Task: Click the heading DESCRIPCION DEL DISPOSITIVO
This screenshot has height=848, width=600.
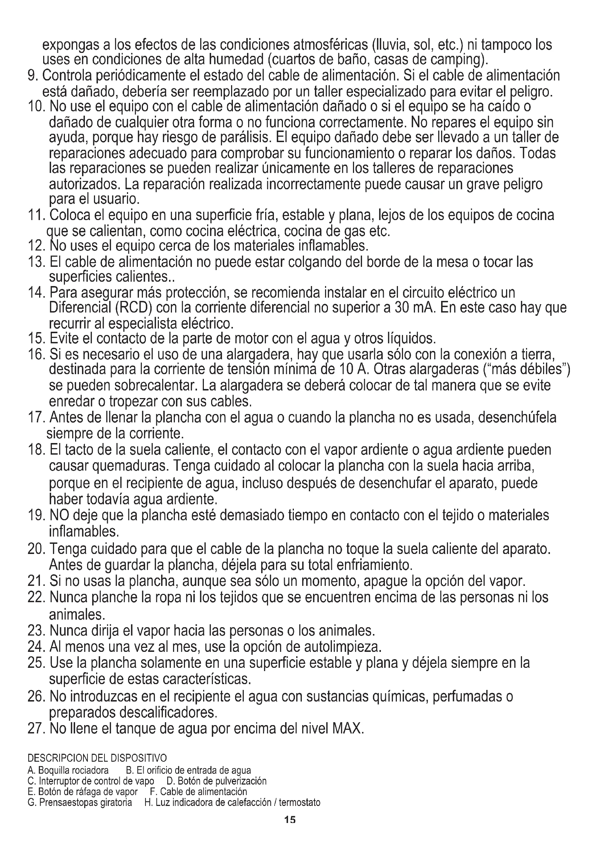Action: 97,758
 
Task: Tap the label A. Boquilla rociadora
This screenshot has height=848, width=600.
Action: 68,770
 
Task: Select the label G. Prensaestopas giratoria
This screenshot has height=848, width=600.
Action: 80,803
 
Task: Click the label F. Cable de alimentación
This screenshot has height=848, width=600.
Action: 198,792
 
